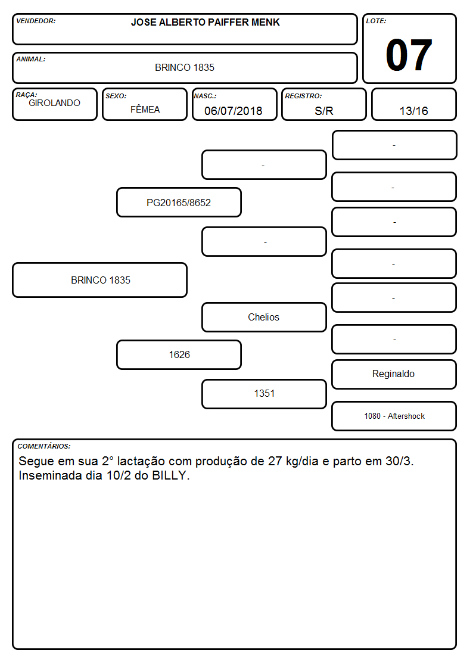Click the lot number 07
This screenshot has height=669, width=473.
tap(409, 55)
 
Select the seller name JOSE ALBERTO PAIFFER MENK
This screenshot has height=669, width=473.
tap(205, 22)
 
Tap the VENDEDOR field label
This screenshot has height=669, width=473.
tap(36, 21)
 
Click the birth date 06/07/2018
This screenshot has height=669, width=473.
tap(234, 111)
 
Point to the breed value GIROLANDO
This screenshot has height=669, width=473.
tap(54, 103)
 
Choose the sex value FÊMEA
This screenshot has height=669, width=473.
tap(145, 109)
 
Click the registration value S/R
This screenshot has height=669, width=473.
tap(323, 111)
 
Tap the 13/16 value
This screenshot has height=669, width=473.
tap(413, 111)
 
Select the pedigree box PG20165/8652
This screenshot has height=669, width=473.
tap(179, 202)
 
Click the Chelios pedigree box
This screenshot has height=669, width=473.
tap(264, 317)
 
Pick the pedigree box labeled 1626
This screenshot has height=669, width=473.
tap(179, 354)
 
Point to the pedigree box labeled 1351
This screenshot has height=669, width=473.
tap(264, 394)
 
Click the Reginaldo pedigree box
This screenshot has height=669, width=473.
tap(394, 374)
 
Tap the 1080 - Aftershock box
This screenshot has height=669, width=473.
tap(394, 416)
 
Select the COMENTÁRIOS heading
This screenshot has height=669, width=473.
tap(44, 446)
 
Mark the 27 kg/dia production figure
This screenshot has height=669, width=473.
tap(293, 461)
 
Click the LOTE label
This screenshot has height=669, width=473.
tap(376, 21)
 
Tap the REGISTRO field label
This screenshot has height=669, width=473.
tap(303, 96)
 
